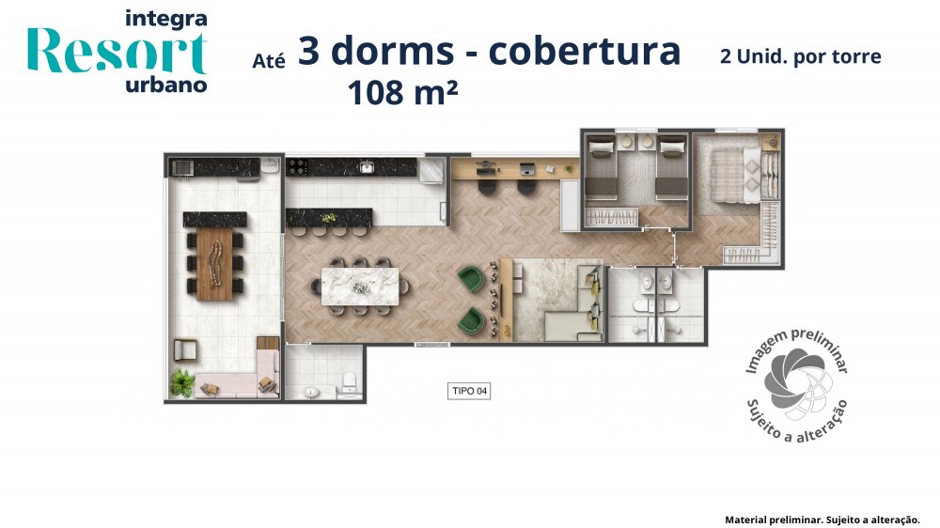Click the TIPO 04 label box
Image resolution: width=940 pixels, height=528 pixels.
pyautogui.click(x=469, y=391)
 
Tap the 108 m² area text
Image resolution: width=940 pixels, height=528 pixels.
pyautogui.click(x=402, y=93)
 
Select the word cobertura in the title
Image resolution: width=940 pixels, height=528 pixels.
pyautogui.click(x=585, y=51)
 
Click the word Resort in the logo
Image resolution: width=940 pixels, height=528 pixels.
pyautogui.click(x=117, y=52)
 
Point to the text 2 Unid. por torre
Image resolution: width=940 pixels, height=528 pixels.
pyautogui.click(x=800, y=56)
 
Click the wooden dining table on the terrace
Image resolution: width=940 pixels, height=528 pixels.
pyautogui.click(x=214, y=263)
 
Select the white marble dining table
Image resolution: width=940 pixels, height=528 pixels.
pyautogui.click(x=360, y=287)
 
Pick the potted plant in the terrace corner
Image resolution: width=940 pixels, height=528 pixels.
pyautogui.click(x=181, y=382)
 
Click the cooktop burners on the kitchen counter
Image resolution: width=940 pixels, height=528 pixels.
pyautogui.click(x=297, y=166)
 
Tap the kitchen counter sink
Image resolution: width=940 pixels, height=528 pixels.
pyautogui.click(x=366, y=167)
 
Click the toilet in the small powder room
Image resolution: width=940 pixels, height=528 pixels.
pyautogui.click(x=349, y=381)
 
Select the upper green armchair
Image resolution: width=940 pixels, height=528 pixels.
pyautogui.click(x=471, y=279)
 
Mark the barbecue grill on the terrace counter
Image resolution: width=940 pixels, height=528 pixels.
pyautogui.click(x=182, y=166)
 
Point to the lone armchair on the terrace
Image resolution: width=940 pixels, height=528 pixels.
pyautogui.click(x=184, y=350)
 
